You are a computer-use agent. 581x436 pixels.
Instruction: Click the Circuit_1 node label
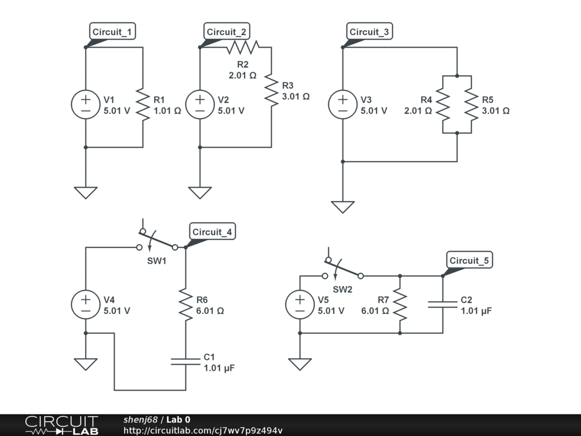112,32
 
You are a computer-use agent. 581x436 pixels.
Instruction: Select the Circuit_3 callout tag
369,32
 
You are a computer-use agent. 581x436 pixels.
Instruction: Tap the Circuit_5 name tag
469,261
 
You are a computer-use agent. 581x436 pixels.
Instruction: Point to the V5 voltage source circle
300,305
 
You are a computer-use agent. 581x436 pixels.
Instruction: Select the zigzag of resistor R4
443,104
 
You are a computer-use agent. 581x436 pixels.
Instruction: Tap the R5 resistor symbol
471,104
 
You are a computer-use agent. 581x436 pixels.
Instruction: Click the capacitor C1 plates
186,362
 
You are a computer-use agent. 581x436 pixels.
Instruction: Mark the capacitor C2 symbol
443,305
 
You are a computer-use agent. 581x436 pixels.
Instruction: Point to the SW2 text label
343,289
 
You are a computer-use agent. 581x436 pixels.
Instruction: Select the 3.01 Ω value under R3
296,97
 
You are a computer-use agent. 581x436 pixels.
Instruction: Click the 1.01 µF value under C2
476,311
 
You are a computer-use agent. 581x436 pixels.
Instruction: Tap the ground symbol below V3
343,207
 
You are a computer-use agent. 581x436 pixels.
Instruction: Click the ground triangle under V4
86,364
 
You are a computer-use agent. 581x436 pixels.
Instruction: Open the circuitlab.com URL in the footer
203,430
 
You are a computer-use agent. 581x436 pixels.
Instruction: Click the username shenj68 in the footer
140,420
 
